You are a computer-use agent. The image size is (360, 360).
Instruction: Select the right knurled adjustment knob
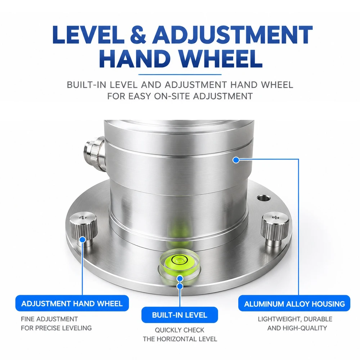275,229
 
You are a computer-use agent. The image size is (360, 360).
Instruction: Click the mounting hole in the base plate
263,198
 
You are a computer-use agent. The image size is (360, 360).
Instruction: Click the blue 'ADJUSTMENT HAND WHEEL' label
72,303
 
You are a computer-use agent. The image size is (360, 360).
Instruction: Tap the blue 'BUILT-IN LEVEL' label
180,315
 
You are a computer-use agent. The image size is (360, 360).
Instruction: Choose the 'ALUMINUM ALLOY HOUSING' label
294,304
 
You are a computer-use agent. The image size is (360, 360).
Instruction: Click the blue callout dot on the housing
236,160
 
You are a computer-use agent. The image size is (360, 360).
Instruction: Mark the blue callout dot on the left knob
82,240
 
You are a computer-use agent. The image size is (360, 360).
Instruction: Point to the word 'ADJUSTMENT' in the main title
232,35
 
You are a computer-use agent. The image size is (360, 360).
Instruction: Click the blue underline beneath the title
180,75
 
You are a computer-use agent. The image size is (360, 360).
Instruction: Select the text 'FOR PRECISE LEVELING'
56,328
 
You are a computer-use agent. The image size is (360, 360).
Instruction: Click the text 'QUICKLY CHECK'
180,330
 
